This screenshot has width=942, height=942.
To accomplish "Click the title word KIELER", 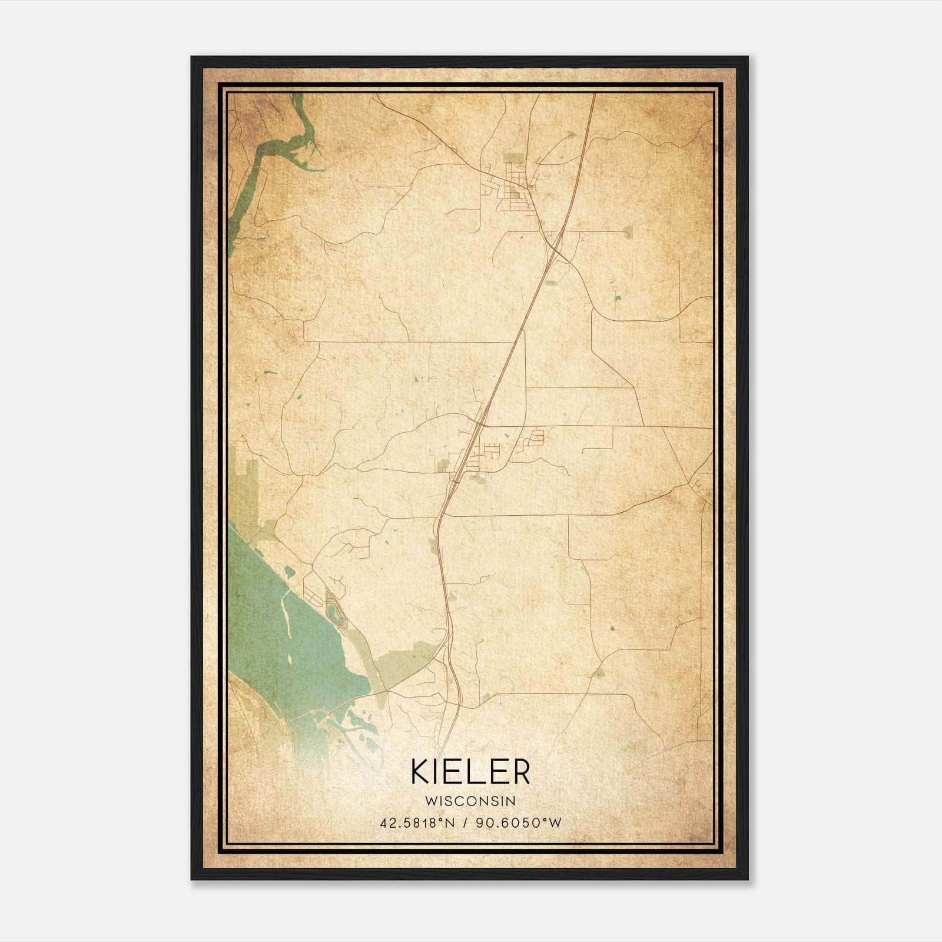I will [470, 771].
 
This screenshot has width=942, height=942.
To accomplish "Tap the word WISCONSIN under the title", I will [470, 801].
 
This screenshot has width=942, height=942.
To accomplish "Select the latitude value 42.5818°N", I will [418, 823].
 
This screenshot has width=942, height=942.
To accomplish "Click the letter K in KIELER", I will [420, 771].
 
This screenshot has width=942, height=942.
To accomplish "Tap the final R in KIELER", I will [520, 771].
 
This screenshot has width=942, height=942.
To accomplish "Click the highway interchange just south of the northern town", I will [553, 244].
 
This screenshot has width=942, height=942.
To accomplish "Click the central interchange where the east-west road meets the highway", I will [481, 422].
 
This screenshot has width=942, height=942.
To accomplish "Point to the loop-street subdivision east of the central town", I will [536, 437].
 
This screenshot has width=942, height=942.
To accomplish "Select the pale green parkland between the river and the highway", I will [406, 662].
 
